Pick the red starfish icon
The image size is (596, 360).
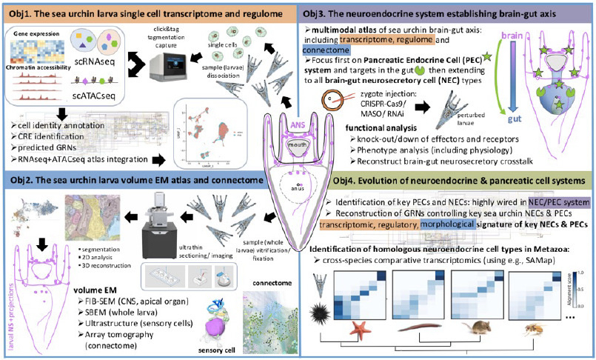(359, 325)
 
